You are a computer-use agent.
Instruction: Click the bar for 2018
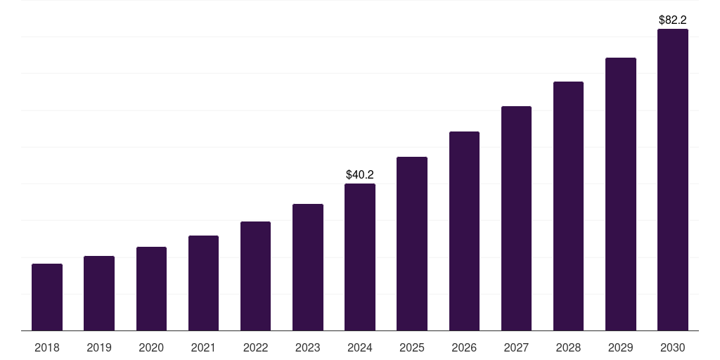[x=47, y=297]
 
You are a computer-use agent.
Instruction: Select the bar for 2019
[x=99, y=293]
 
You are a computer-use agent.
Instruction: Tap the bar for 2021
[x=203, y=283]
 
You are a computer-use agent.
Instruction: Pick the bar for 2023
[x=308, y=267]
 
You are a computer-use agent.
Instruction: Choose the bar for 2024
[x=360, y=257]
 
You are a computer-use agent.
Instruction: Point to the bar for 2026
[x=464, y=231]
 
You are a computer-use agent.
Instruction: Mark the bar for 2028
[x=568, y=206]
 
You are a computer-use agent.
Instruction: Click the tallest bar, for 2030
[x=673, y=179]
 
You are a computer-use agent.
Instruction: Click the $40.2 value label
[x=360, y=174]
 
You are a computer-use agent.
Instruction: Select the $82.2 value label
[x=673, y=20]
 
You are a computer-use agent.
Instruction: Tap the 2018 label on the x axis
[x=47, y=347]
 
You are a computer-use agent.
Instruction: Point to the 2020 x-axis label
[x=151, y=347]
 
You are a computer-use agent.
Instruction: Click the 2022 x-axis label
[x=255, y=347]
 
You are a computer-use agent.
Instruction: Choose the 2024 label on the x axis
[x=360, y=347]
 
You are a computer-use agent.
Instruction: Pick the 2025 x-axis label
[x=412, y=347]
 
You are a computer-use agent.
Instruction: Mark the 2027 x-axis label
[x=516, y=347]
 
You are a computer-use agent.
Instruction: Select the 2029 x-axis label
[x=621, y=347]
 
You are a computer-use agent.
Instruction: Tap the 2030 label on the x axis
[x=673, y=347]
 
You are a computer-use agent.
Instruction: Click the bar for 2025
[x=412, y=244]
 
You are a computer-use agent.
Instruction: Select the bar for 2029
[x=621, y=194]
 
